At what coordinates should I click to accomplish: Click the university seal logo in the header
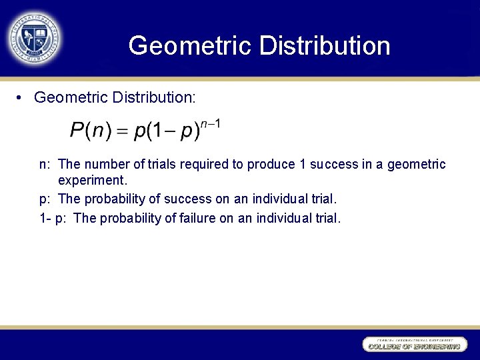[x=35, y=38]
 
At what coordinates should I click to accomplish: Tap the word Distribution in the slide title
[x=325, y=45]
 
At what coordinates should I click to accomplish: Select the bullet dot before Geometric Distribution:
[x=21, y=98]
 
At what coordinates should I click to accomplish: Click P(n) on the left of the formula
[x=91, y=131]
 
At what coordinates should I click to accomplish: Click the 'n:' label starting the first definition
[x=45, y=165]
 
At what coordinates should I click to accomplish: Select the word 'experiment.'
[x=92, y=181]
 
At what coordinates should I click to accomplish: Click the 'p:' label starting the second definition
[x=45, y=199]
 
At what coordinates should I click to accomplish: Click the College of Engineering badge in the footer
[x=413, y=344]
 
